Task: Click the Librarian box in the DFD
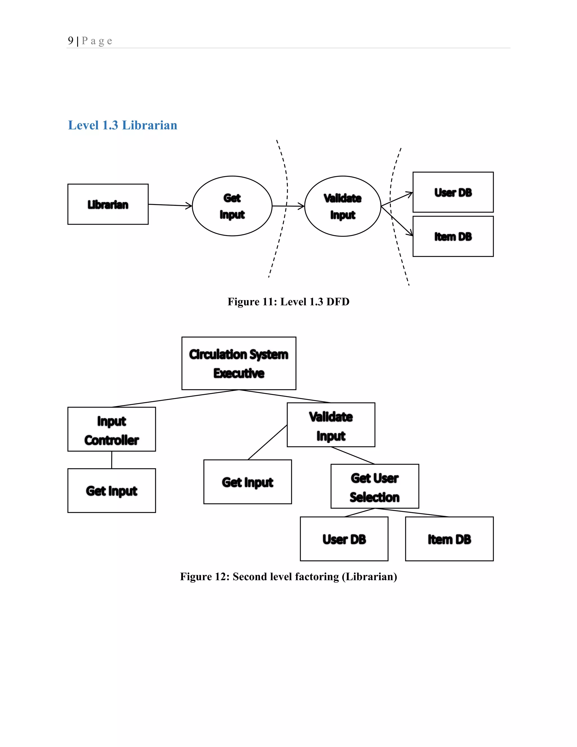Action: [108, 204]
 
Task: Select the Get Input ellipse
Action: [232, 206]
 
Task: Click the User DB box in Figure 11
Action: [453, 192]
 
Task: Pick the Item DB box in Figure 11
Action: [453, 236]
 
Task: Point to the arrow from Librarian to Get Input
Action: [170, 205]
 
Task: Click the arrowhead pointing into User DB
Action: [409, 194]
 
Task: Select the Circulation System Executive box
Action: [239, 363]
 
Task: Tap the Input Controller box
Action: [112, 429]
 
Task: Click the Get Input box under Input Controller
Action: [112, 490]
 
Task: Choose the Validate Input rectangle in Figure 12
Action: [331, 425]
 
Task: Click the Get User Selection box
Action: [375, 486]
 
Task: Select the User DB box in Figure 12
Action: [344, 539]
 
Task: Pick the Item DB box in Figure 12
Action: [449, 539]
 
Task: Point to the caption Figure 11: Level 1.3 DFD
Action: [288, 302]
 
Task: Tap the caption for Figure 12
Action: [288, 577]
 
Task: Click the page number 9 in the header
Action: [70, 41]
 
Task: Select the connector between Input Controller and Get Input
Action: [112, 460]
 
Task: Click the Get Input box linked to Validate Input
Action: [247, 482]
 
